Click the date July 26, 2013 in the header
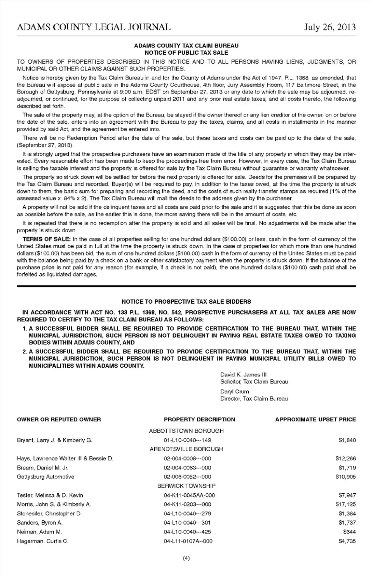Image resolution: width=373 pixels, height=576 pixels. (x=329, y=27)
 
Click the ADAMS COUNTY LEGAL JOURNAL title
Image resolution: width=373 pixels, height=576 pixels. (x=94, y=27)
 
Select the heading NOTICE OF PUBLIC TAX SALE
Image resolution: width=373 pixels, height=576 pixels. (x=186, y=52)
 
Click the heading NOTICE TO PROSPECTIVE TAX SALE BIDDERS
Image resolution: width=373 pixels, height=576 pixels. (x=186, y=301)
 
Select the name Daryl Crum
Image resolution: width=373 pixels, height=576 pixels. (x=234, y=392)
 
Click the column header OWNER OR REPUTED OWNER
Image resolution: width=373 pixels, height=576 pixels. (x=59, y=419)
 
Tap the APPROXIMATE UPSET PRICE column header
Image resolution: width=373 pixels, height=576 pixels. (x=315, y=419)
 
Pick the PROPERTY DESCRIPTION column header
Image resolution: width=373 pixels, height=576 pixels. (x=199, y=419)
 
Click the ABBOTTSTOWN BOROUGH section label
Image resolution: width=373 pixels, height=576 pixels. (x=186, y=431)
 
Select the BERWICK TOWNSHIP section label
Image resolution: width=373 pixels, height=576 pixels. (x=186, y=486)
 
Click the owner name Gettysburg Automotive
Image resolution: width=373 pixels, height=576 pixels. (x=45, y=477)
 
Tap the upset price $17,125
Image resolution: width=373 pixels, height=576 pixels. (x=345, y=504)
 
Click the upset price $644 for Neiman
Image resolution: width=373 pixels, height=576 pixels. (x=349, y=532)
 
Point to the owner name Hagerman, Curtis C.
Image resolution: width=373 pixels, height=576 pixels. (x=42, y=541)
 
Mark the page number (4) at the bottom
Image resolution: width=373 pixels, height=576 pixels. (x=186, y=559)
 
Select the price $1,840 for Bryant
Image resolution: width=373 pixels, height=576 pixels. (x=347, y=440)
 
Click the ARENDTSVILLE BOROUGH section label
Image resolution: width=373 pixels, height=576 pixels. (x=186, y=449)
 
